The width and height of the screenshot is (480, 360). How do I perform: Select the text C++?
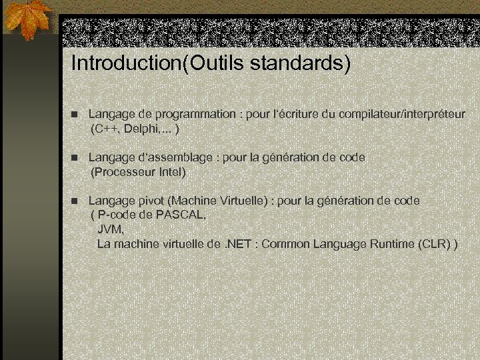(x=107, y=129)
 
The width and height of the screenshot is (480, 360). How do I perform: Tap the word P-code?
(x=117, y=215)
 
